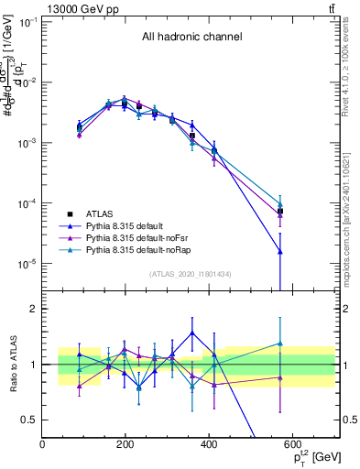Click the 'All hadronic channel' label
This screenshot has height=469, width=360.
click(191, 38)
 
